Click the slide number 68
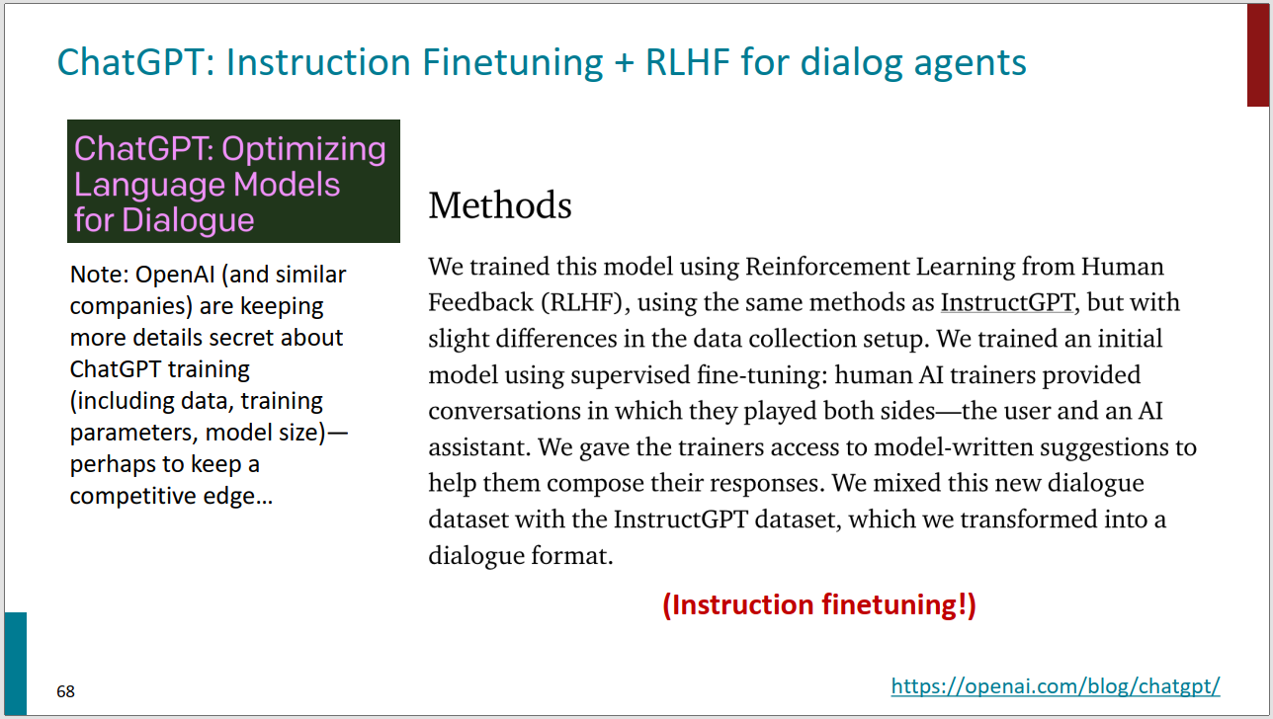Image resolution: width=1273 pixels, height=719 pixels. point(65,691)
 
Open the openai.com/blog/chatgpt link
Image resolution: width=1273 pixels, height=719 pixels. point(1056,686)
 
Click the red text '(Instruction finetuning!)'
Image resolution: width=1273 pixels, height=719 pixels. point(819,604)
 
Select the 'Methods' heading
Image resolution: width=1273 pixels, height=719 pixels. point(500,205)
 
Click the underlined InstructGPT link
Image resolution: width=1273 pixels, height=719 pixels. point(1007,302)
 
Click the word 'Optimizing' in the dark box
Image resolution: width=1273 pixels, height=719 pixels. point(303,150)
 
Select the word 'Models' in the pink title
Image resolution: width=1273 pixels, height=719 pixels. point(287,185)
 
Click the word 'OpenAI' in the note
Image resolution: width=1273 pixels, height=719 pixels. point(175,275)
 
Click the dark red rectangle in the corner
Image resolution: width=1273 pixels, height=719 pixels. point(1257,54)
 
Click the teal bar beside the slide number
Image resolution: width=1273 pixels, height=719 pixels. point(16,664)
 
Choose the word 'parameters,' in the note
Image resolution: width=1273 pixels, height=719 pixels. point(133,434)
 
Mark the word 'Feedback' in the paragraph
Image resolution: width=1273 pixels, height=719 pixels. point(480,302)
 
